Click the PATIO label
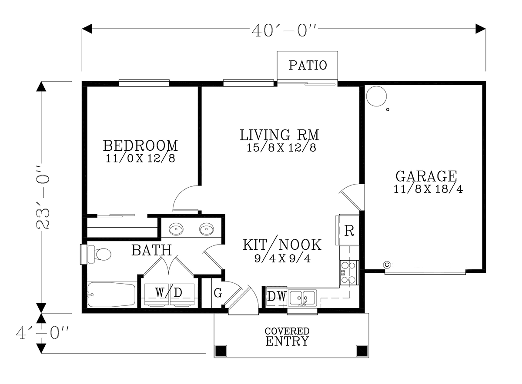(308, 65)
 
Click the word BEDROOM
(141, 146)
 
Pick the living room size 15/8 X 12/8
(281, 148)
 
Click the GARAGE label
(426, 176)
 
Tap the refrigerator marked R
(349, 230)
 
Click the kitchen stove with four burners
(349, 272)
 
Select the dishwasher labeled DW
(276, 297)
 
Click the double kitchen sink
(302, 298)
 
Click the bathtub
(111, 295)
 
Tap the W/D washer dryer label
(168, 292)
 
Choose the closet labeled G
(218, 293)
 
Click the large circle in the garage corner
(376, 96)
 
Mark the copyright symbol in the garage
(387, 265)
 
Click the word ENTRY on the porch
(287, 341)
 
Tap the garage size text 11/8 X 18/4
(428, 189)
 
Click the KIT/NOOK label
(282, 245)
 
